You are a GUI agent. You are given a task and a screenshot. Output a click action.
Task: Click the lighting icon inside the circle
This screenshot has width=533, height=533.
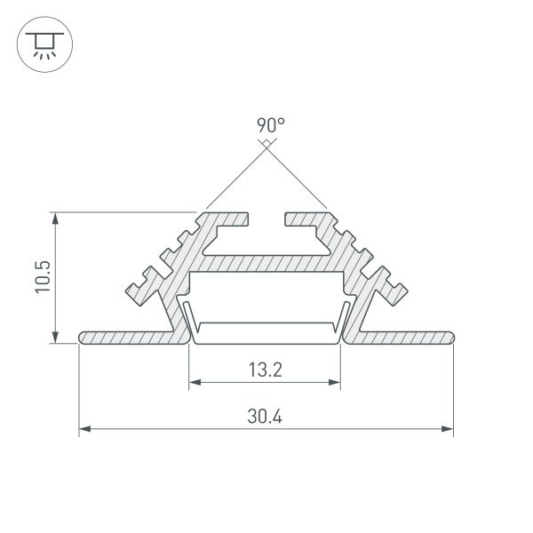point(41,44)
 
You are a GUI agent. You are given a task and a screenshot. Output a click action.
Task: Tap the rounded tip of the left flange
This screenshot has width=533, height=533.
point(83,338)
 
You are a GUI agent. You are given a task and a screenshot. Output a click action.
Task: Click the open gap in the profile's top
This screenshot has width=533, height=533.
point(266,219)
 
